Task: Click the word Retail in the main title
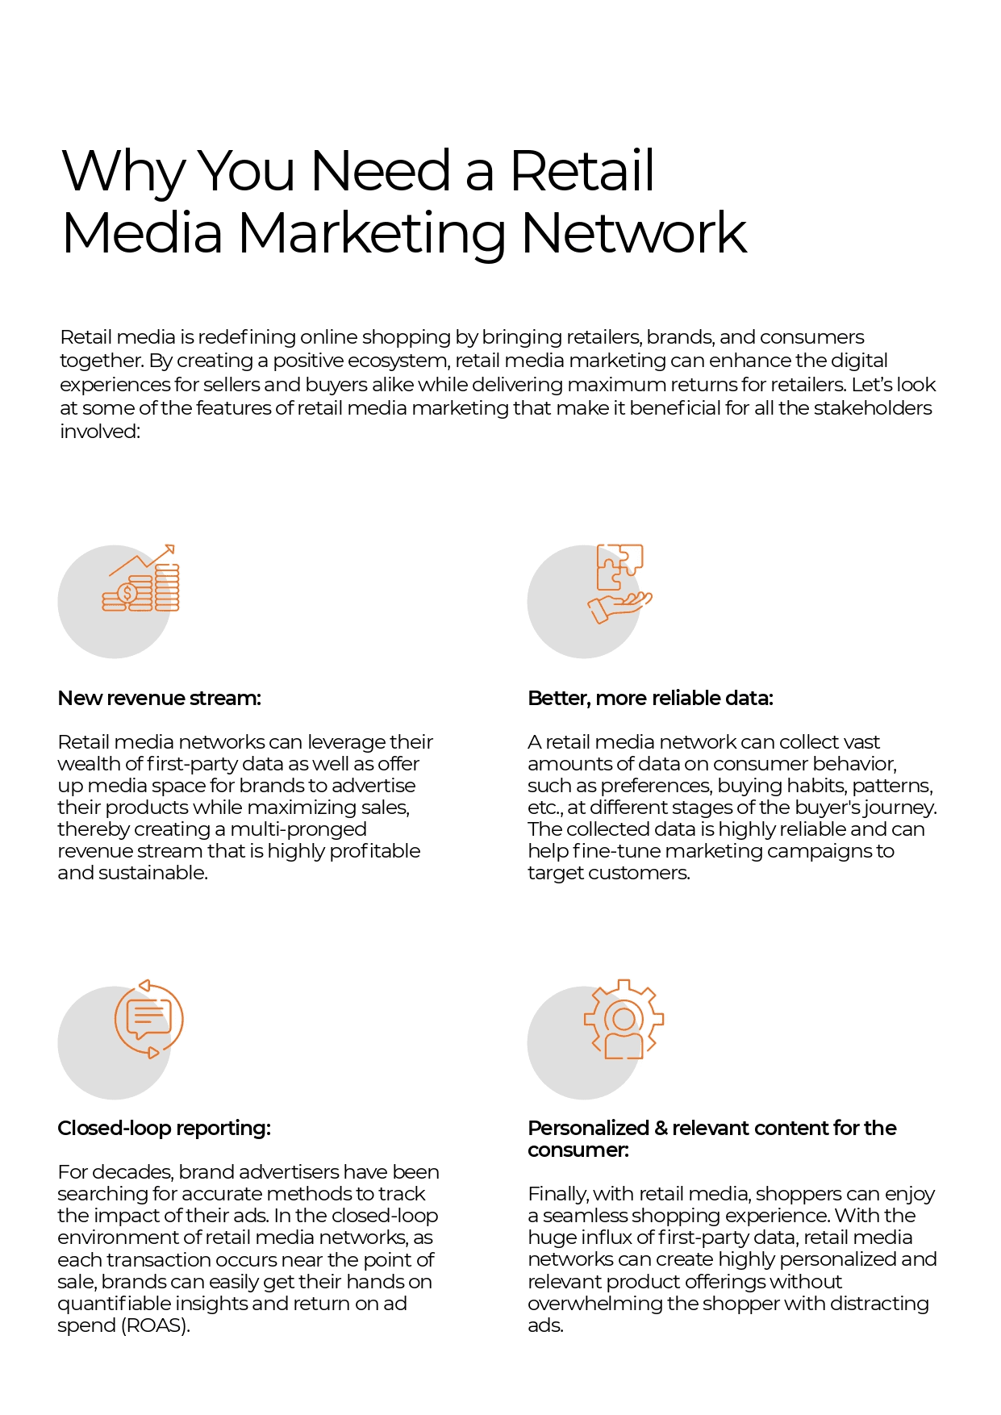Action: (582, 171)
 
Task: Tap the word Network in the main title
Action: (634, 234)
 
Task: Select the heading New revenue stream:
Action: (159, 698)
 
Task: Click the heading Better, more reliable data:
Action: (650, 698)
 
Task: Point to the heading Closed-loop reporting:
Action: (164, 1128)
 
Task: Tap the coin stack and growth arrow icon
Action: (141, 580)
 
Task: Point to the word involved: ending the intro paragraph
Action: (100, 432)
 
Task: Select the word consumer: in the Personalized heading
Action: (578, 1150)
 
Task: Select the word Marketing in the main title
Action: (372, 234)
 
